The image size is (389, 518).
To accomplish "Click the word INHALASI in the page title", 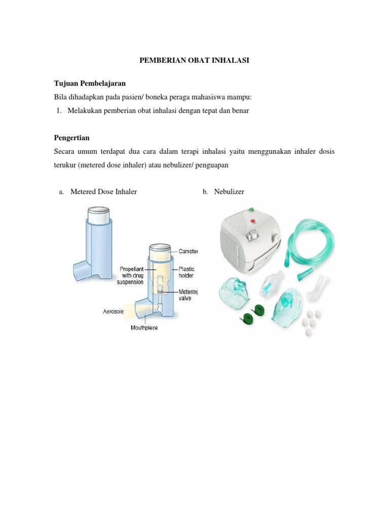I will (x=231, y=60).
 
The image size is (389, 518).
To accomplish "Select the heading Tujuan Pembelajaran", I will (x=90, y=83).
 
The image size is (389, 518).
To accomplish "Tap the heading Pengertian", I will (x=71, y=138).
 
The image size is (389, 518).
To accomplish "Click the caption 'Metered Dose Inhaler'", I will (x=103, y=192).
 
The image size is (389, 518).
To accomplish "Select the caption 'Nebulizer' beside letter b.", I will (x=229, y=192).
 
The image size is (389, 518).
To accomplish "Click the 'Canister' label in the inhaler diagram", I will (x=187, y=251).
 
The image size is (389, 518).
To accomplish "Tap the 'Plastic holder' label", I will (x=187, y=272).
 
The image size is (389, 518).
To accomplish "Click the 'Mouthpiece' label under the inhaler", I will (x=144, y=328).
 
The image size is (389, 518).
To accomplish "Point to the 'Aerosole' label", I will (x=113, y=312).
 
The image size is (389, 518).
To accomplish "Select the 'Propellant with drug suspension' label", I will (x=131, y=276).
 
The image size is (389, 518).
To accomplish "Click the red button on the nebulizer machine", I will (x=254, y=220).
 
